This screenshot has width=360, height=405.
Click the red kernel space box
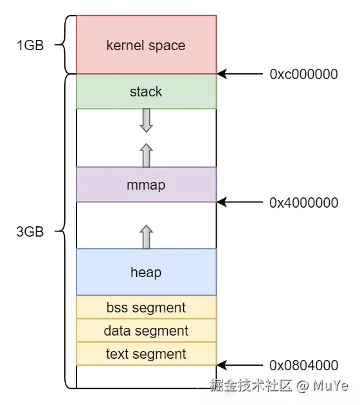pos(146,45)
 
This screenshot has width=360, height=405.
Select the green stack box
pos(146,91)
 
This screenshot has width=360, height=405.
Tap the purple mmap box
pos(146,185)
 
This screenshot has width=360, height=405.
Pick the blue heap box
pos(146,272)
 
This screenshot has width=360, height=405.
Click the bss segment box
pos(146,307)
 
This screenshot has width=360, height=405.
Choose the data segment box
pos(146,330)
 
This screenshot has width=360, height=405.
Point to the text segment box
pos(146,354)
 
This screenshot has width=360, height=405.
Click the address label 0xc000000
pos(303,74)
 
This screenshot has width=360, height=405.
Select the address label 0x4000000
pos(303,202)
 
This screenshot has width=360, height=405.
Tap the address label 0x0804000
pos(303,365)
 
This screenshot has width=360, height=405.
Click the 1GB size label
pos(30,46)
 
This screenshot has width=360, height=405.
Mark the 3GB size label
pos(30,232)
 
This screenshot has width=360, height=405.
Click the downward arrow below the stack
pos(146,120)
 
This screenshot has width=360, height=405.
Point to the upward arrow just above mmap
pos(146,155)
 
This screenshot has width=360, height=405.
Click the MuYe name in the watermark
pos(330,386)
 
